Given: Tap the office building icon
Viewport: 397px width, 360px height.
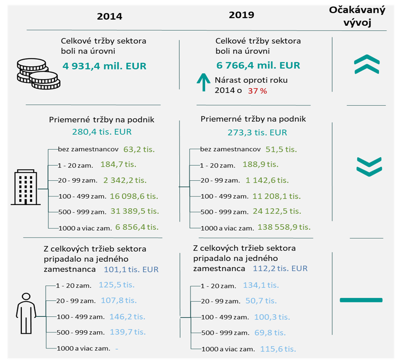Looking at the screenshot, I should point(25,187).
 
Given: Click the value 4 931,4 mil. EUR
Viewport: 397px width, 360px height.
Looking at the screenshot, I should point(104,66).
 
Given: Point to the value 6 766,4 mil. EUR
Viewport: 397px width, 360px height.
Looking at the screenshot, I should point(258,65).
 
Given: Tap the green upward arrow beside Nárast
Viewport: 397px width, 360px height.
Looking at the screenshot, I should point(203,85).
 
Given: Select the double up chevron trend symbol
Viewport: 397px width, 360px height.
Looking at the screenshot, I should point(367,65).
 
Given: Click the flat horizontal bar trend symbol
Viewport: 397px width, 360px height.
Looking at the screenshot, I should point(361,300).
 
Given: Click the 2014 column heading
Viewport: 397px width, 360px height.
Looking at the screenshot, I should point(110,16).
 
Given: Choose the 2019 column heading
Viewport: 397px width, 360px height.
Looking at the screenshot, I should point(241,15).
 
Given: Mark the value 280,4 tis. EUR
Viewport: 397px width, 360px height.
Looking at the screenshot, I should point(102,132).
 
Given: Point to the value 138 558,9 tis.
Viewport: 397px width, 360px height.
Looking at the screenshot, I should point(284,227).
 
